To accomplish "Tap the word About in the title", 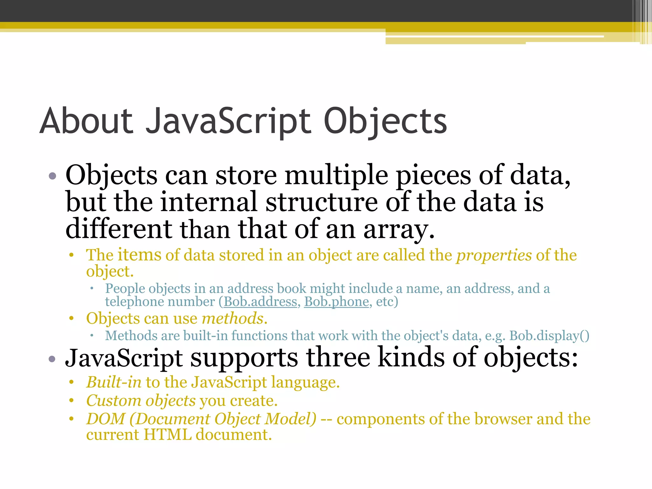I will (86, 121).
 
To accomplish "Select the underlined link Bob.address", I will (260, 302).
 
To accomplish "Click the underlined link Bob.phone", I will (337, 302).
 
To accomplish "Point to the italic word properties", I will (494, 255).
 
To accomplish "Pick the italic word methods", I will (233, 319).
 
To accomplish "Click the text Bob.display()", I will (549, 336).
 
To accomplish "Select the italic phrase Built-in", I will (114, 382).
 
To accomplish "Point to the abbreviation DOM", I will (106, 419).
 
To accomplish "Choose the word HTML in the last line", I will (167, 435).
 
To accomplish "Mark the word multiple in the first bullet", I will (336, 176).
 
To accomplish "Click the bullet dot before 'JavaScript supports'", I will (53, 359).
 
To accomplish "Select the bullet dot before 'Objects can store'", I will (53, 176).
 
